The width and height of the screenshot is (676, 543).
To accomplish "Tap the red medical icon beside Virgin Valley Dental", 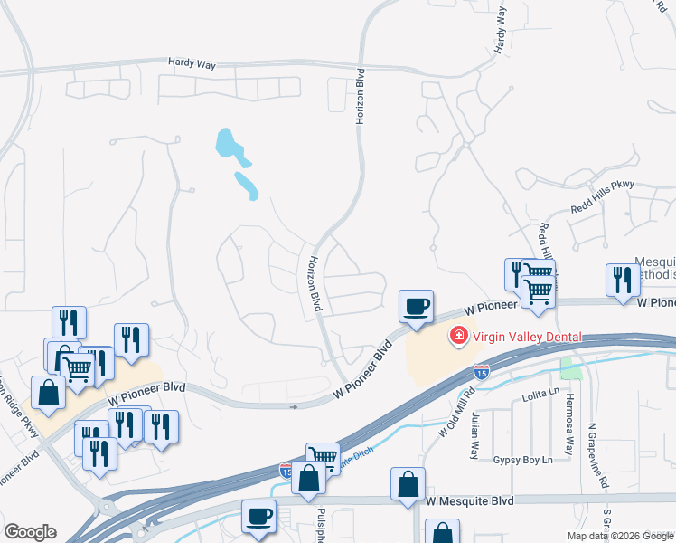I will pyautogui.click(x=458, y=338).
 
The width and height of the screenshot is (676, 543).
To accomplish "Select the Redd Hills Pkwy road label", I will pyautogui.click(x=603, y=196).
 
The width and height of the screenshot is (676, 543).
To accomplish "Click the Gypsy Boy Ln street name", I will pyautogui.click(x=522, y=460).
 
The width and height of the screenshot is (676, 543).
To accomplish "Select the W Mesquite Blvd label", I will pyautogui.click(x=470, y=500).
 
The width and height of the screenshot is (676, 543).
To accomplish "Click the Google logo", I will pyautogui.click(x=30, y=532).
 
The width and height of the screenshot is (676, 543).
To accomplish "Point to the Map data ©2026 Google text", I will pyautogui.click(x=621, y=536).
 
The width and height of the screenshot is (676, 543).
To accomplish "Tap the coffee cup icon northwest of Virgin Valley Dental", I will pyautogui.click(x=417, y=307).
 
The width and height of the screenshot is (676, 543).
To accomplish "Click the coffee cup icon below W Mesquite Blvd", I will pyautogui.click(x=259, y=516).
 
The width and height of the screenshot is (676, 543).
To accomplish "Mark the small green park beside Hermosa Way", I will pyautogui.click(x=570, y=368).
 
